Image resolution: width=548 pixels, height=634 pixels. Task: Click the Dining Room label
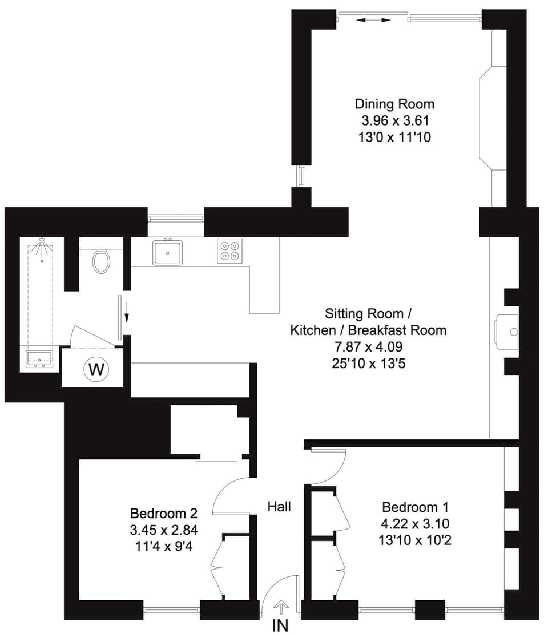[x=394, y=104]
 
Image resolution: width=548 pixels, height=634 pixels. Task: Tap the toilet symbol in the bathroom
[x=101, y=261]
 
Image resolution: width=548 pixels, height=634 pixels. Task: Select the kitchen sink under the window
[x=167, y=252]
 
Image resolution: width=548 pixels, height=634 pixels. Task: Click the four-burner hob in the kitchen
[x=230, y=251]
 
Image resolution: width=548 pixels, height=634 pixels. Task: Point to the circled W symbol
[x=96, y=370]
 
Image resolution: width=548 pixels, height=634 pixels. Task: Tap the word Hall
[x=280, y=506]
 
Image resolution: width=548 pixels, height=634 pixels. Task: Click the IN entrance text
[x=280, y=625]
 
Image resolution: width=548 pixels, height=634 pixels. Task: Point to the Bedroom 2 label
[x=164, y=512]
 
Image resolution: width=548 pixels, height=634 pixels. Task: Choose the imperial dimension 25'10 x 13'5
[x=368, y=362]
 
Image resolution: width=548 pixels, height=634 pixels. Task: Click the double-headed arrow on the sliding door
[x=374, y=20]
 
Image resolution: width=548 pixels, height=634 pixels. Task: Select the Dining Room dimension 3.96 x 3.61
[x=394, y=120]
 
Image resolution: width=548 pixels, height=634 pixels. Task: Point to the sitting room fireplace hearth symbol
[x=507, y=332]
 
